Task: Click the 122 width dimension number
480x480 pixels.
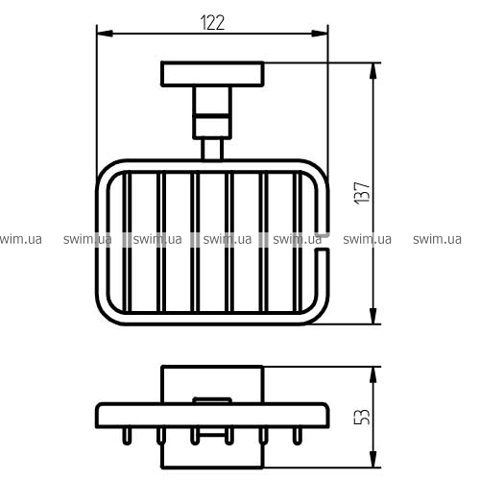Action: pyautogui.click(x=212, y=22)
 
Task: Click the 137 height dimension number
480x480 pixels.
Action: pyautogui.click(x=362, y=193)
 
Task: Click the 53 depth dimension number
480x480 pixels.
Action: pyautogui.click(x=362, y=416)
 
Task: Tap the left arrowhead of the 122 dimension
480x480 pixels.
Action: pyautogui.click(x=105, y=34)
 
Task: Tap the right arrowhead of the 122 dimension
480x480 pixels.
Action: pyautogui.click(x=320, y=34)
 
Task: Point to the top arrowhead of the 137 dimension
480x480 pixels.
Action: pyautogui.click(x=372, y=71)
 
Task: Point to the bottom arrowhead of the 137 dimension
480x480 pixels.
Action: pyautogui.click(x=372, y=316)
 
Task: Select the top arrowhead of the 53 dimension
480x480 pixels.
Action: pyautogui.click(x=372, y=375)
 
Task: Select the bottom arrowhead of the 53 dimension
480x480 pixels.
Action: pyautogui.click(x=372, y=459)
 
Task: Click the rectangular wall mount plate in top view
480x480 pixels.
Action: pyautogui.click(x=212, y=74)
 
